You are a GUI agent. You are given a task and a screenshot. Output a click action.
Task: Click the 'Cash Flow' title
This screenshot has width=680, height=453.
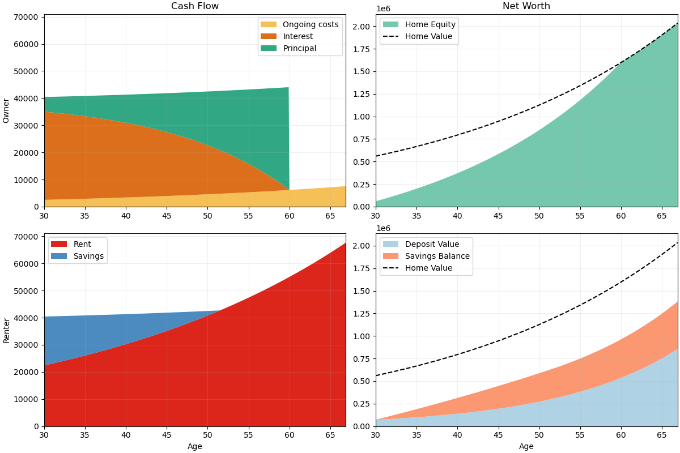(195, 6)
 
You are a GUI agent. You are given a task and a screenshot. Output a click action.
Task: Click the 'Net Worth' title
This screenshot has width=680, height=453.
(526, 6)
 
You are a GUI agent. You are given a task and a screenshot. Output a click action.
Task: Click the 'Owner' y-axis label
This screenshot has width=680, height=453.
(6, 110)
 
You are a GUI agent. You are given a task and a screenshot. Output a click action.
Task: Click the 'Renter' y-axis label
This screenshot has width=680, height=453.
(6, 330)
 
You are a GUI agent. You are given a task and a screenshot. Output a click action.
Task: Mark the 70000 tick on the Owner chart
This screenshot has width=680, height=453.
(25, 18)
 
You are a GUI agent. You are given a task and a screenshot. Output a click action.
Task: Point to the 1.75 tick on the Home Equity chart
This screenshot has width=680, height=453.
(361, 49)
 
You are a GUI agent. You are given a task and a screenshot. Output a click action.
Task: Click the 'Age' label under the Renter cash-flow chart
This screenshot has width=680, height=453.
(195, 446)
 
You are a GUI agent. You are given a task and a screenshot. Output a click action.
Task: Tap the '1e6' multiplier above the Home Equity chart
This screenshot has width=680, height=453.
(383, 9)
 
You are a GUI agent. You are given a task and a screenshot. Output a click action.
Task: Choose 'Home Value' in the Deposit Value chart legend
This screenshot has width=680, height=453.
(428, 268)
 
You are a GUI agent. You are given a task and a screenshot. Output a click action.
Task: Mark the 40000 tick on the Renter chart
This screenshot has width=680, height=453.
(25, 318)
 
